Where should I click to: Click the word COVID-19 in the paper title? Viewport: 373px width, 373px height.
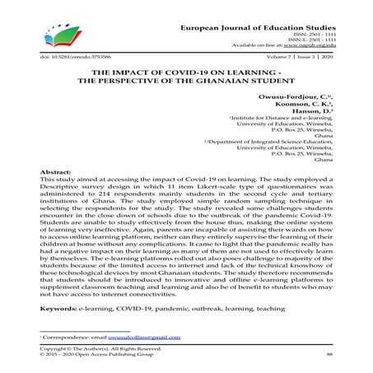184,72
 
